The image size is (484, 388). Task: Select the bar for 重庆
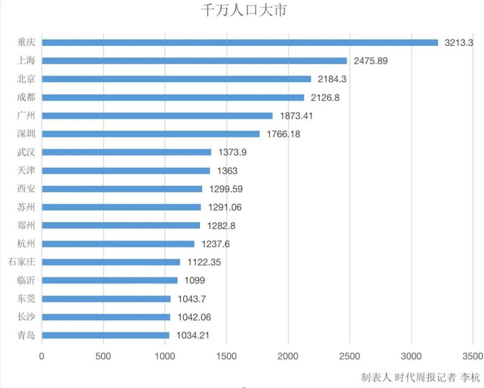coord(240,43)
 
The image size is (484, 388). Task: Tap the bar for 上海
coord(194,61)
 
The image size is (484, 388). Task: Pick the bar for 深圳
coord(151,134)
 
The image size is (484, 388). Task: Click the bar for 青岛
coord(105,335)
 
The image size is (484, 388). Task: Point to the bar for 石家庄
coord(111,262)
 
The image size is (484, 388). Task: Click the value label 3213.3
coord(458,43)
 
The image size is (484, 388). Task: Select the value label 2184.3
coord(332,79)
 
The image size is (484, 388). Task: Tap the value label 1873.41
coord(296,116)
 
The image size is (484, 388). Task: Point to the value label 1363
coord(228,170)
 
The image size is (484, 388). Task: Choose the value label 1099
coord(195,280)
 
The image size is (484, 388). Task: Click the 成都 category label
coord(26,97)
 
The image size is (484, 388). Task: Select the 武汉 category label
coord(26,152)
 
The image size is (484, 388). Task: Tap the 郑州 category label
coord(26,225)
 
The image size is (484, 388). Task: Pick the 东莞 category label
coord(26,299)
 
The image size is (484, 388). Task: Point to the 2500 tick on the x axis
coord(350,356)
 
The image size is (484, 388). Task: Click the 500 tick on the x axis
coord(104,356)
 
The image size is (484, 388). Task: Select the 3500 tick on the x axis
coord(472,356)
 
